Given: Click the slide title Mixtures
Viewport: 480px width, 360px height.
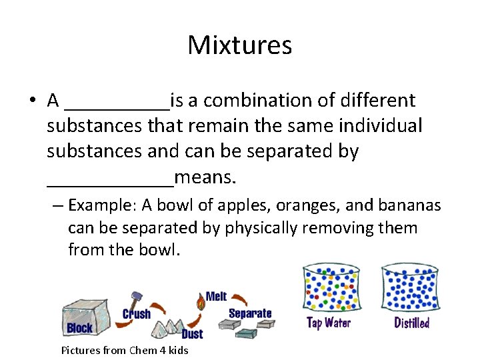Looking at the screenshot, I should point(239,45).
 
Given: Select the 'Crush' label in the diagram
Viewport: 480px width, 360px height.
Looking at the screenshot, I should point(137,313).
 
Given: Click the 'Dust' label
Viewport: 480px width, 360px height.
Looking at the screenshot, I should point(191,333).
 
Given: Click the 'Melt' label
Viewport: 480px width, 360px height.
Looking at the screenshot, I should point(216,296).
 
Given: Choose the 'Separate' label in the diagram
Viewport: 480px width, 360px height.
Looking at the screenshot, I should point(250,313).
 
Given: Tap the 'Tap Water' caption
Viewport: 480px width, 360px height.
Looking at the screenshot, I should point(328,323).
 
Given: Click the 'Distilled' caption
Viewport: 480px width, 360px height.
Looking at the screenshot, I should point(411,323).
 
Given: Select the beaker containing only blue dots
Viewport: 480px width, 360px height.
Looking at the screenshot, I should point(409,288).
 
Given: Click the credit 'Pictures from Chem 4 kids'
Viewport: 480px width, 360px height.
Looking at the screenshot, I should point(125,350).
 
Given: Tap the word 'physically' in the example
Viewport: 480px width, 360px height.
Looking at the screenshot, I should point(261,227).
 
